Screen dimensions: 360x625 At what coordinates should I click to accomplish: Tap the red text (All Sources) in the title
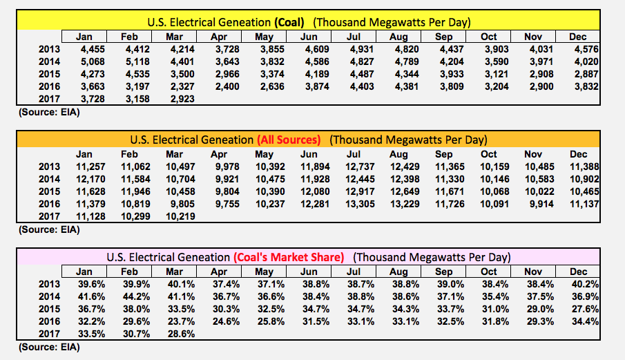click(x=289, y=140)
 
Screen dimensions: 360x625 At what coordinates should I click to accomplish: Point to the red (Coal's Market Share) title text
click(x=297, y=257)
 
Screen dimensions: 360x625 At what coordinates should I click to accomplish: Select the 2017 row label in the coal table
click(x=50, y=100)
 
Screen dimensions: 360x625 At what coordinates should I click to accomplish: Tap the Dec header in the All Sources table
click(x=578, y=154)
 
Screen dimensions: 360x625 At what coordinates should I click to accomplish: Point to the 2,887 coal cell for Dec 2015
click(x=581, y=74)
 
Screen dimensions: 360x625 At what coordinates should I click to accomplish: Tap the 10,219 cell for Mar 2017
click(x=179, y=217)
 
